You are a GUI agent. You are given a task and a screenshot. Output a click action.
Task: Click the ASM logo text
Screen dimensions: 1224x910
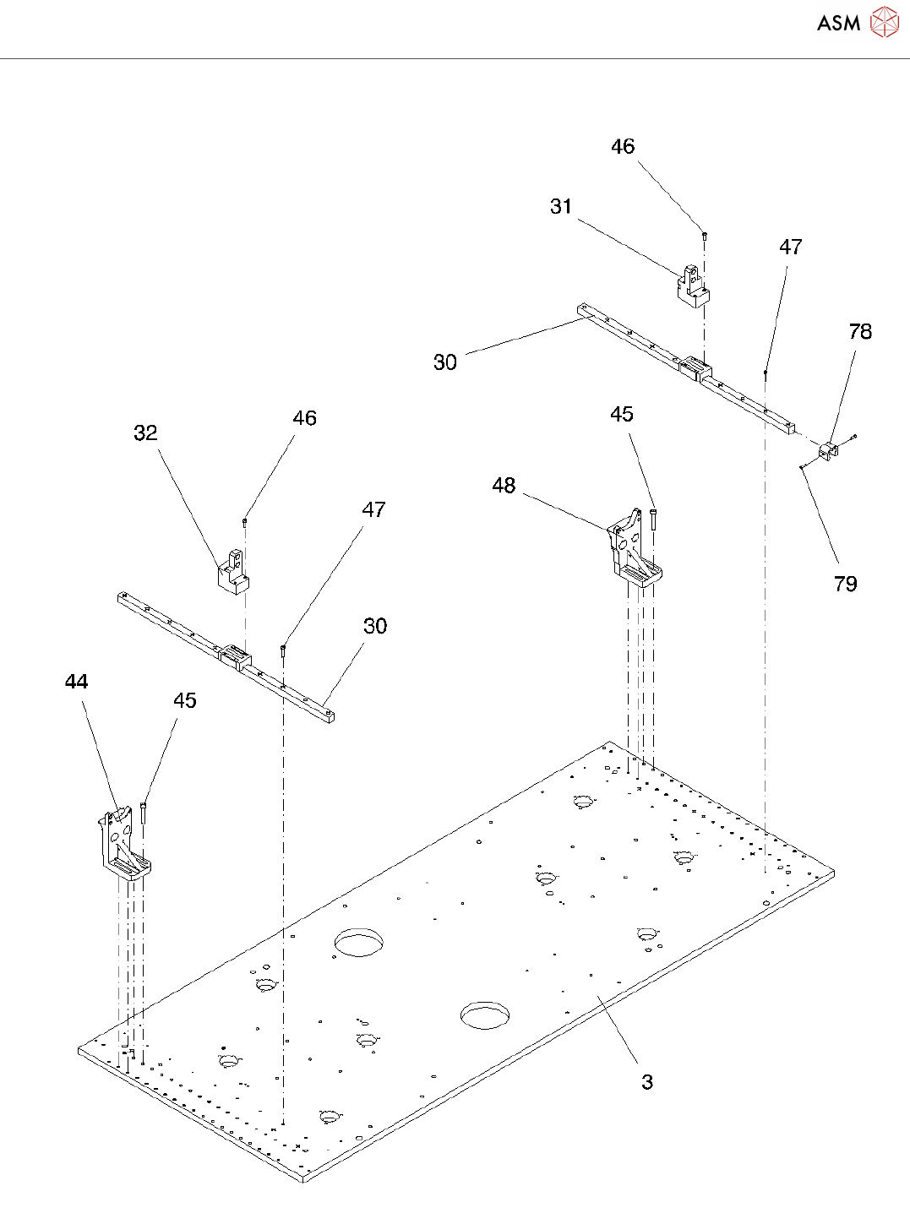(x=838, y=23)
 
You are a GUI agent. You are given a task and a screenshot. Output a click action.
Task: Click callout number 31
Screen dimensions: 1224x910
(x=561, y=207)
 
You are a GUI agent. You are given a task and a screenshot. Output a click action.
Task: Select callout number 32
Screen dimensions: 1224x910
(x=145, y=433)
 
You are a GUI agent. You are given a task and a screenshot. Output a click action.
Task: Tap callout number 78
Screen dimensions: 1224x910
(x=860, y=332)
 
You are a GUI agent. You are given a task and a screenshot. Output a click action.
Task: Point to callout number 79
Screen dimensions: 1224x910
(x=845, y=584)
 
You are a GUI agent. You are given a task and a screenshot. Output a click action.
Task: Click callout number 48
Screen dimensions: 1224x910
(x=504, y=486)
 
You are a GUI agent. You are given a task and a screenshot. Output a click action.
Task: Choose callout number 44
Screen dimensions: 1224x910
(x=76, y=682)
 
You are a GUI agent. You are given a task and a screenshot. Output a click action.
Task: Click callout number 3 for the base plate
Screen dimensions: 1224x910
(x=646, y=1082)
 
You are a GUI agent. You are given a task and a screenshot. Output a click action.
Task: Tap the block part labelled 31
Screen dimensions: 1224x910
(x=692, y=286)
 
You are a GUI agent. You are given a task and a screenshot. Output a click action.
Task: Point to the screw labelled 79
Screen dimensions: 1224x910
(x=801, y=466)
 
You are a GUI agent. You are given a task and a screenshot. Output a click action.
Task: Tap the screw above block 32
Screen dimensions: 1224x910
(x=244, y=522)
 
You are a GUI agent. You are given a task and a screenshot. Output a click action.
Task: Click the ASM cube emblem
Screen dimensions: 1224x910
(x=884, y=23)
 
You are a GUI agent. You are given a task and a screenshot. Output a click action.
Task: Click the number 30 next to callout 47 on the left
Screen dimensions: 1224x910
(x=375, y=626)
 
